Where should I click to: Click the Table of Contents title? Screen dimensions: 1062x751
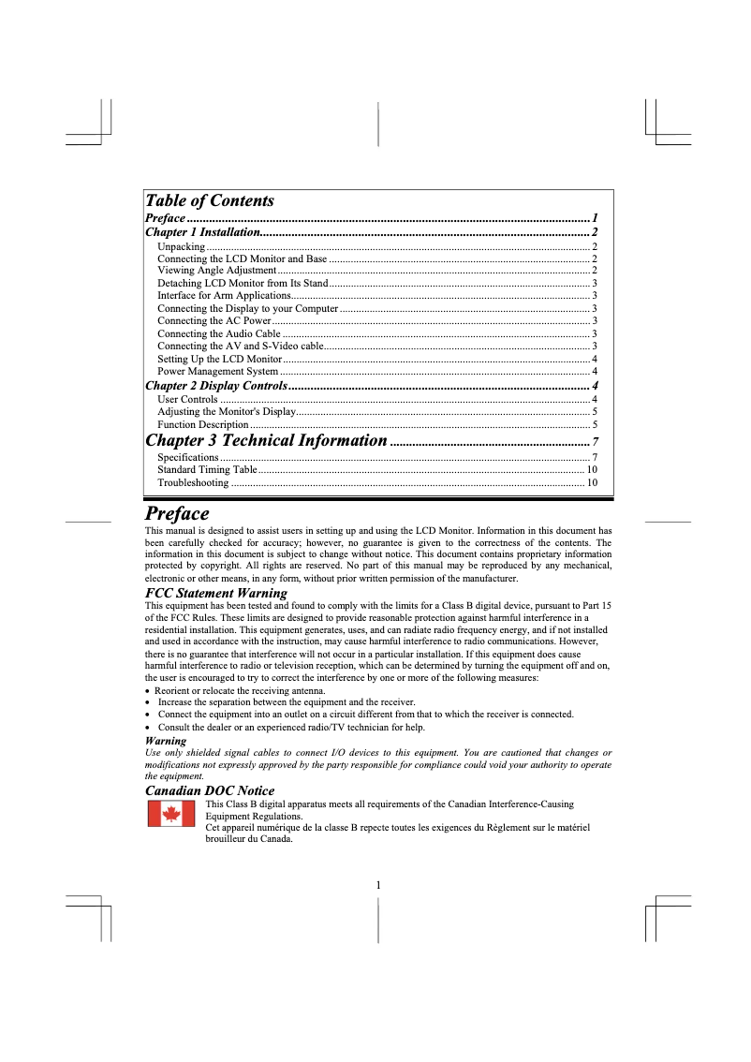(x=209, y=200)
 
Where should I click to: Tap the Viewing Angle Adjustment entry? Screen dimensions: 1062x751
(x=216, y=271)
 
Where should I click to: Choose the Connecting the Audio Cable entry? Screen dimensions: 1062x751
(x=218, y=333)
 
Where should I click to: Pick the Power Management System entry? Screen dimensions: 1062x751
(x=217, y=372)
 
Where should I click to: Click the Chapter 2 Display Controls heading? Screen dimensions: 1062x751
(x=215, y=386)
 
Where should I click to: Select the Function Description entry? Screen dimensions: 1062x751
(x=203, y=425)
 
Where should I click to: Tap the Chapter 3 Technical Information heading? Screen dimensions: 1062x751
(x=266, y=441)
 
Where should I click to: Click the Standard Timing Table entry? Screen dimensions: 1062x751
(x=207, y=469)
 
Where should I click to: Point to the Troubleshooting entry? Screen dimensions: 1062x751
(x=193, y=483)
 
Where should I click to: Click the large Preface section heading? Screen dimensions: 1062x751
(x=177, y=514)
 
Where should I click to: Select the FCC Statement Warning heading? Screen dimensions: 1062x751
(x=216, y=593)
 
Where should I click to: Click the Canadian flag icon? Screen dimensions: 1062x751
(x=171, y=815)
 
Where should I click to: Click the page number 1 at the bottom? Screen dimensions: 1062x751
(x=377, y=885)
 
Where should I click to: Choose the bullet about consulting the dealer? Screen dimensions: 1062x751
(x=290, y=727)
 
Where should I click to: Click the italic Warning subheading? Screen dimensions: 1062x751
(x=166, y=741)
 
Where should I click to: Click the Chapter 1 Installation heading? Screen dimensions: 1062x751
(x=201, y=231)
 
